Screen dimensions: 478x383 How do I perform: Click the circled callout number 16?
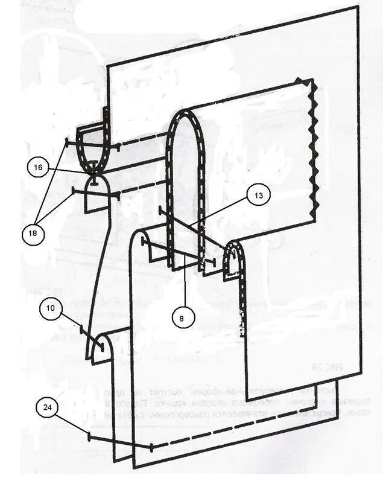point(38,168)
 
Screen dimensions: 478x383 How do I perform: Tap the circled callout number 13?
point(258,195)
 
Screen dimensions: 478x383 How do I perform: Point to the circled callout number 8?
point(182,316)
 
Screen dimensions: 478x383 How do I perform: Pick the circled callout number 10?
point(51,308)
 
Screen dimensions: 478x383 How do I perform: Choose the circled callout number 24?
point(46,407)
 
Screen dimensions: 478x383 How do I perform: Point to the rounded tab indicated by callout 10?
point(100,347)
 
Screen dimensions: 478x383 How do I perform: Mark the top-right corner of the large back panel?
point(358,8)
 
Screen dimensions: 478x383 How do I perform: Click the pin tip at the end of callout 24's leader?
point(89,435)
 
